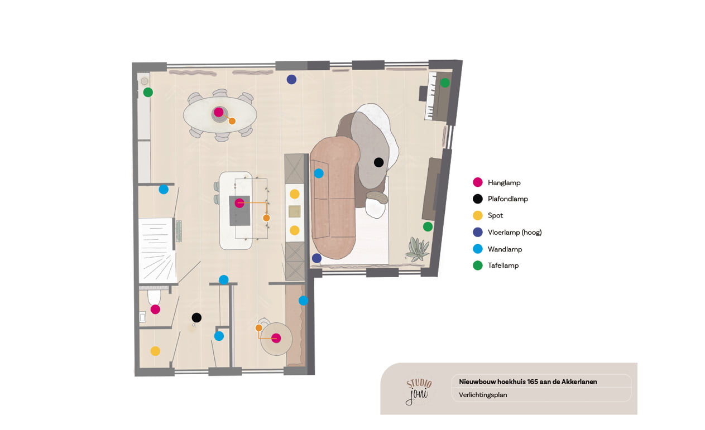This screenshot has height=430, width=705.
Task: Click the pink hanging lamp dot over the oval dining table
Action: coord(218,112)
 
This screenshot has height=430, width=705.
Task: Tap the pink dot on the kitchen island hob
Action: coord(239,203)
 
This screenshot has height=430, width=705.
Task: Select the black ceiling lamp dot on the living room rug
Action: coord(378,162)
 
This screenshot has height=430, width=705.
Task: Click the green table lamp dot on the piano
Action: coord(445,83)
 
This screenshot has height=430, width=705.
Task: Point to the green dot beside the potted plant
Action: coord(428,226)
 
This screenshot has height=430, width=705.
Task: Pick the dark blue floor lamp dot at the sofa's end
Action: coord(316,258)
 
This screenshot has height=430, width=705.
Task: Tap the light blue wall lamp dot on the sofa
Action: coord(319,173)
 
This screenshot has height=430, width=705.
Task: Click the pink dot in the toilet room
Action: coord(155,309)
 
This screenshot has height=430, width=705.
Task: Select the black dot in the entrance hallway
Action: coord(196,317)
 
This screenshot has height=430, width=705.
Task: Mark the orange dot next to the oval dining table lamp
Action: coord(232,121)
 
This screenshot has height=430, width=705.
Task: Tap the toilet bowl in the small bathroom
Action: coord(154,297)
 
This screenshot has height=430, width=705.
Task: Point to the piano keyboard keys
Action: coord(430,95)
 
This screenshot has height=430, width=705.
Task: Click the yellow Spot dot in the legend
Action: coord(477,215)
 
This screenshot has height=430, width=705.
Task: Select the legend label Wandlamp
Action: coord(505,249)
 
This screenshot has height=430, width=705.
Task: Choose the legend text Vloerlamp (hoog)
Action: coord(515,233)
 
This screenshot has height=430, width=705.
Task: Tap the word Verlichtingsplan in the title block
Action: coord(483,395)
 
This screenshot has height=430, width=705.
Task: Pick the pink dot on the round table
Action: coord(276,338)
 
